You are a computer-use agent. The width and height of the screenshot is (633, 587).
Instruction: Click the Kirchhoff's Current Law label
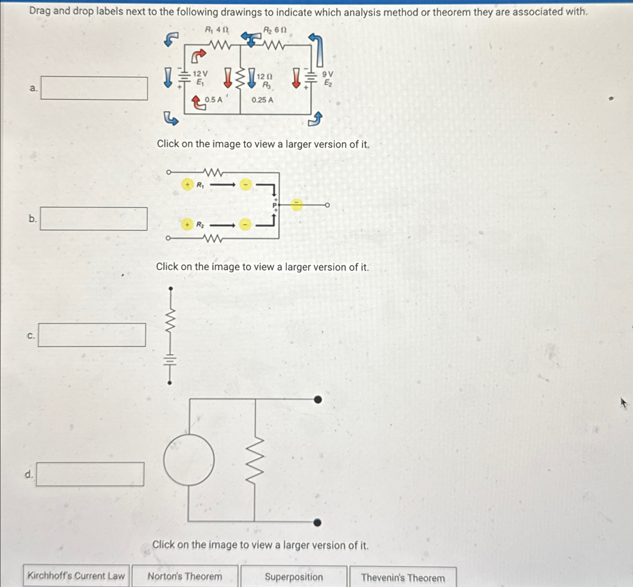pos(76,576)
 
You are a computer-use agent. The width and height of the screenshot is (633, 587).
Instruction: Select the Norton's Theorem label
pos(185,576)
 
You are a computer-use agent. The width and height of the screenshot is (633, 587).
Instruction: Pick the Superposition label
pos(294,577)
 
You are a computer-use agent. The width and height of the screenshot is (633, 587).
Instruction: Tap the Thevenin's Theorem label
pos(403,578)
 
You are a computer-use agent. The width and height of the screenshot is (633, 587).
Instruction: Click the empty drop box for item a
pos(94,89)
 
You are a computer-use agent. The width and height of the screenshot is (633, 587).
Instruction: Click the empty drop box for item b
pos(94,219)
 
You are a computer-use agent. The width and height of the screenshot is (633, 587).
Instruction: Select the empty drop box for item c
pos(92,335)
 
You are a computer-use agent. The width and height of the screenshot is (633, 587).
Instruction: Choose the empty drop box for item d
pos(90,474)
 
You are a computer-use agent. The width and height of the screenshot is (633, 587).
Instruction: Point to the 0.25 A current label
pos(262,100)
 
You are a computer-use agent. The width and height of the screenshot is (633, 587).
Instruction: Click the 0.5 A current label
pos(213,100)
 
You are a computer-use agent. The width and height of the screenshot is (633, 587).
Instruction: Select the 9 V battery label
pos(328,74)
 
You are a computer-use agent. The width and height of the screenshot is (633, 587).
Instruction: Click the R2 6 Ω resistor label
pos(275,30)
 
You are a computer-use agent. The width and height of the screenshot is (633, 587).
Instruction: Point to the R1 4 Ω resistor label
pos(217,29)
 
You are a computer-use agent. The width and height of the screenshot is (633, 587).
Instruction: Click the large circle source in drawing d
pos(189,460)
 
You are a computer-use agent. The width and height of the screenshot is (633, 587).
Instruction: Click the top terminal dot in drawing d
pos(318,400)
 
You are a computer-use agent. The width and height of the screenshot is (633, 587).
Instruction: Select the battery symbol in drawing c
pos(170,361)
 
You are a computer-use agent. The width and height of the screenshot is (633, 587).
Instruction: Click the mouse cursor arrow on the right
pos(623,403)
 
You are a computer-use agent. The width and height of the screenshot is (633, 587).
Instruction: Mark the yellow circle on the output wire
pos(297,205)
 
